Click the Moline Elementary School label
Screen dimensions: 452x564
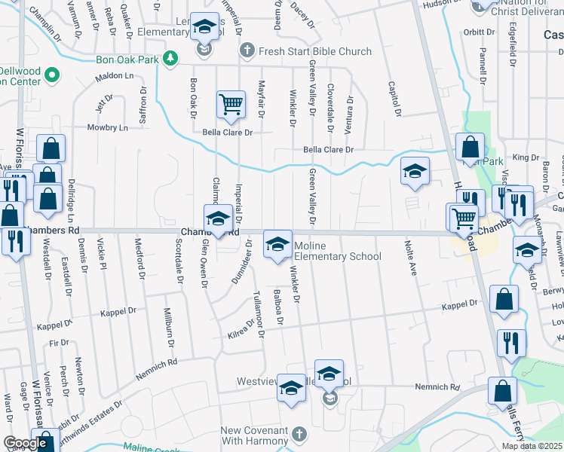pyautogui.click(x=337, y=251)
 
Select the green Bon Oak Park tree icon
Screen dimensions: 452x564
pyautogui.click(x=171, y=58)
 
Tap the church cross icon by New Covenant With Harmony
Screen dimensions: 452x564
pyautogui.click(x=299, y=435)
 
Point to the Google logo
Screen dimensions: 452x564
pyautogui.click(x=25, y=444)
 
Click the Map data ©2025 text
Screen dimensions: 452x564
pyautogui.click(x=532, y=446)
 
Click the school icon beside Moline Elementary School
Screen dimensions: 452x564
pyautogui.click(x=277, y=245)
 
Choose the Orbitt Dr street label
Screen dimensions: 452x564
pyautogui.click(x=478, y=32)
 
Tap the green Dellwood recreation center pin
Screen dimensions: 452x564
pyautogui.click(x=52, y=75)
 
